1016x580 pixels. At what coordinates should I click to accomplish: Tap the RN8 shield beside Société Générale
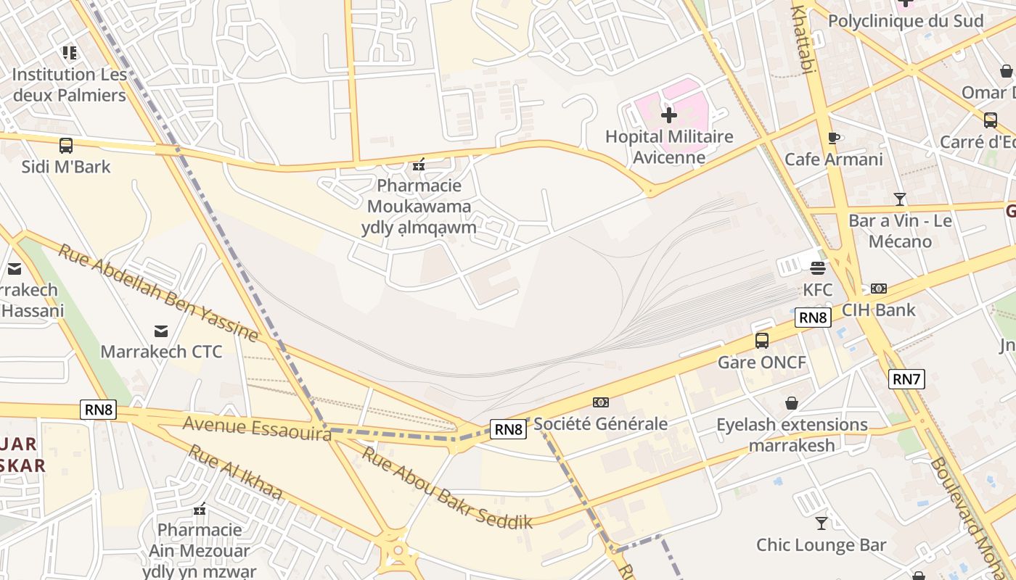click(x=508, y=429)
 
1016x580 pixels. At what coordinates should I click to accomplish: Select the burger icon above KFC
click(x=818, y=268)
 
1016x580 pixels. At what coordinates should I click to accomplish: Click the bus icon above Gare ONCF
click(x=762, y=340)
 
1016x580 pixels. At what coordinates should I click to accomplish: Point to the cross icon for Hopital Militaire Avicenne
click(x=669, y=115)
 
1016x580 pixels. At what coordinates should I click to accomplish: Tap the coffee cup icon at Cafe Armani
click(x=833, y=138)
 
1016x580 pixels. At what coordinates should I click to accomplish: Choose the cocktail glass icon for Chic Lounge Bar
click(x=821, y=523)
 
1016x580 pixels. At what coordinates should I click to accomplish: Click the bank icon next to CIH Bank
click(x=878, y=289)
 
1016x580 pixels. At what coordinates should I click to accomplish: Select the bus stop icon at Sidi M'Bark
click(x=66, y=145)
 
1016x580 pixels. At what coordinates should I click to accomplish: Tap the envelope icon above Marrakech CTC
click(x=161, y=331)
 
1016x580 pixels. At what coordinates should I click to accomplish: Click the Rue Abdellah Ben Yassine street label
click(x=158, y=293)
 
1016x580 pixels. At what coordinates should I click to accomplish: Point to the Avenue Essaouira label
click(x=257, y=427)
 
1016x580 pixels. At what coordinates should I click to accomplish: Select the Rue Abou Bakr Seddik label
click(x=447, y=488)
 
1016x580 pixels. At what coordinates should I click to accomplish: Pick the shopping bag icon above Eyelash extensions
click(x=792, y=403)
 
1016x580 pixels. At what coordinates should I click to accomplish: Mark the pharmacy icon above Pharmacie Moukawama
click(x=418, y=165)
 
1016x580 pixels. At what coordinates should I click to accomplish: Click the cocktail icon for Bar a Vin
click(x=900, y=199)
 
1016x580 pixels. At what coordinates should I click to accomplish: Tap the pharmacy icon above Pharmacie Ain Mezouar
click(x=200, y=509)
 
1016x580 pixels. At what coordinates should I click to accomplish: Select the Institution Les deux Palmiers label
click(x=70, y=84)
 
